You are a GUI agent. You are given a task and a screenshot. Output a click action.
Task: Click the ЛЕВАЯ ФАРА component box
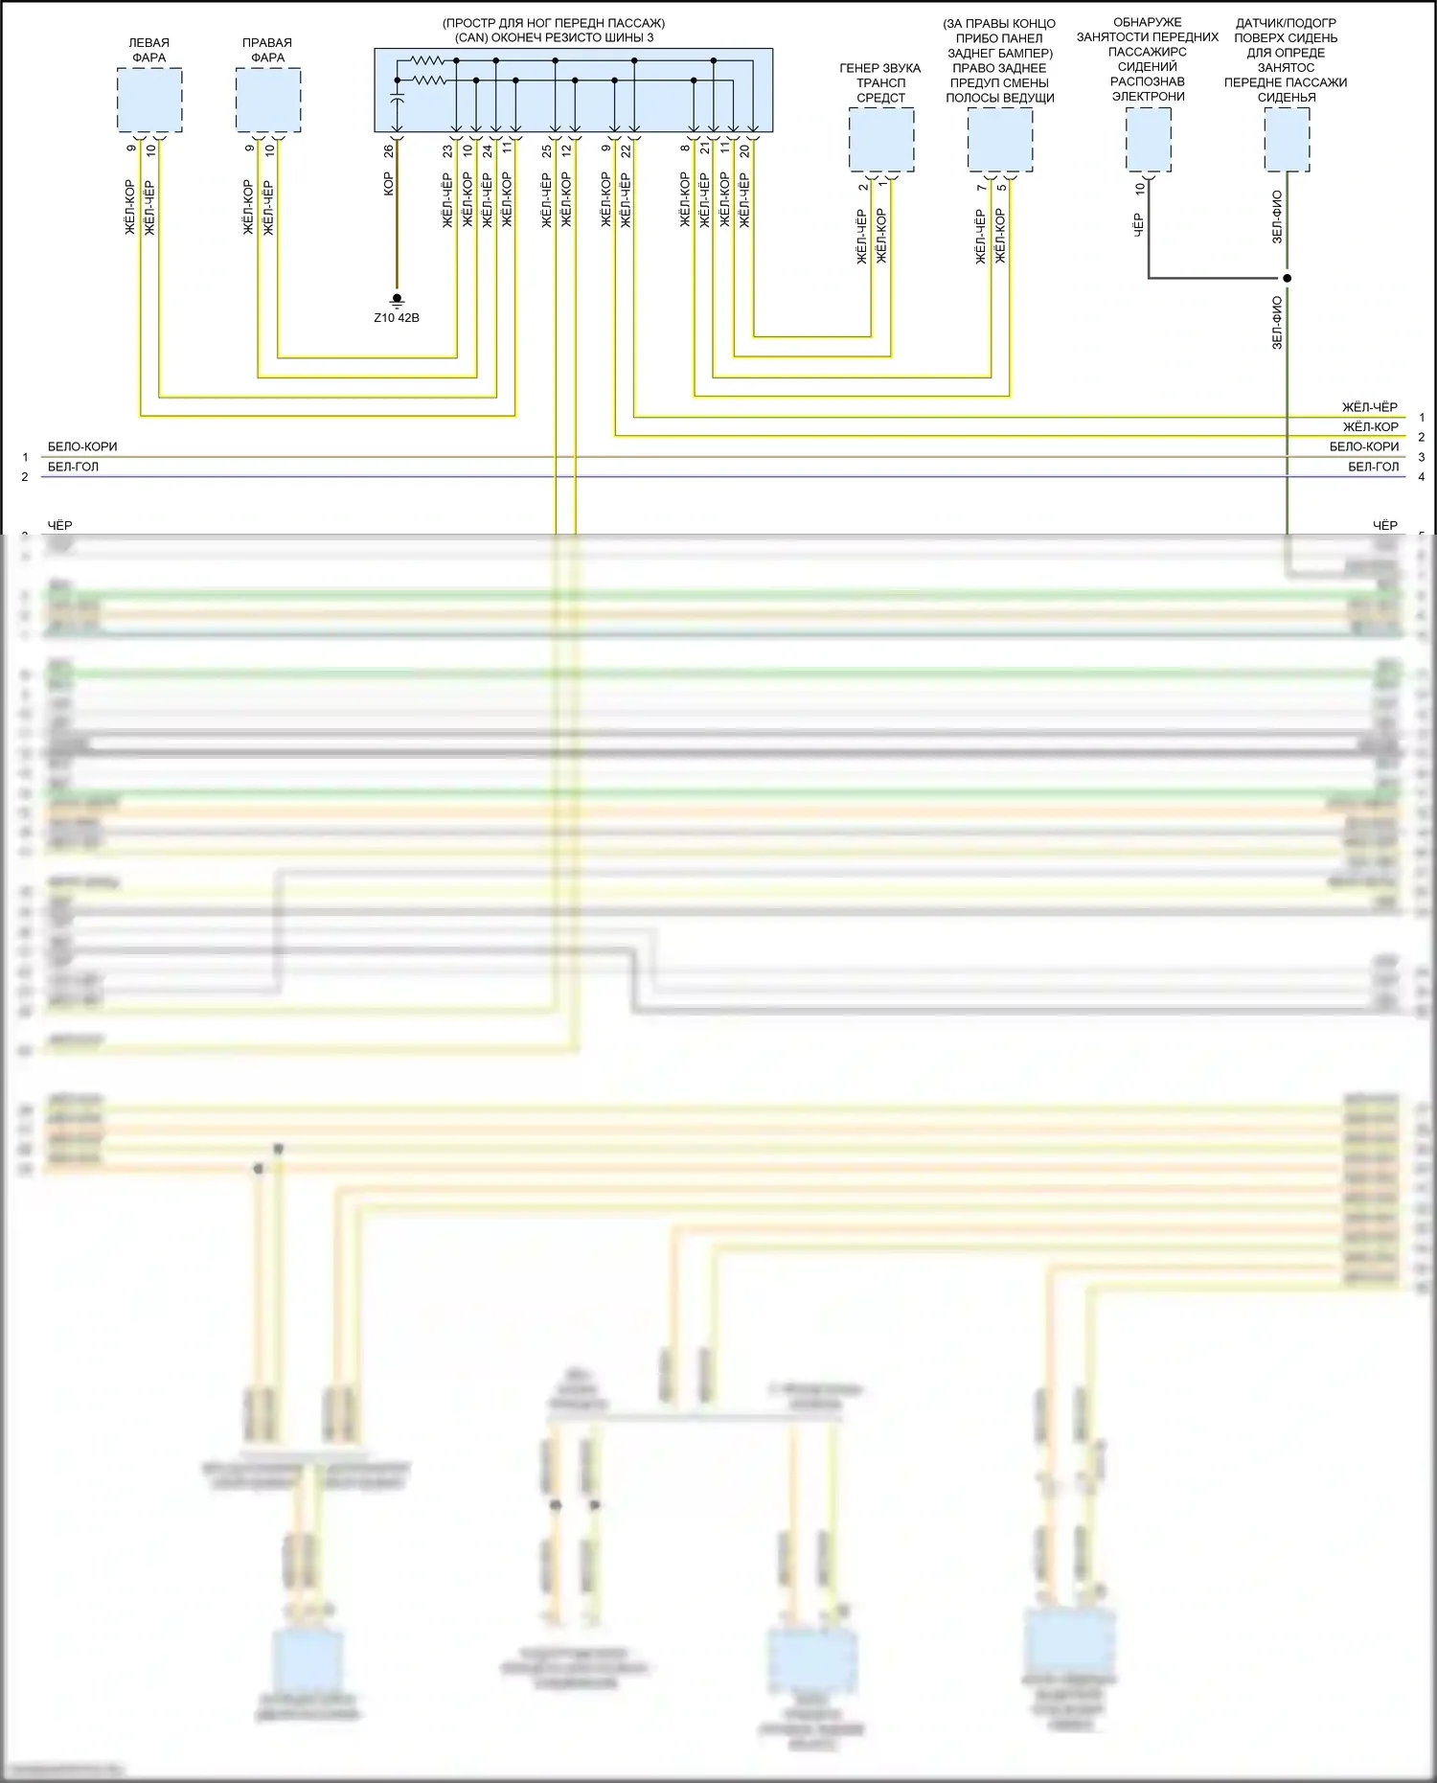point(149,101)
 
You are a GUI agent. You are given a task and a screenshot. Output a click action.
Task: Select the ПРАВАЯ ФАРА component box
point(268,101)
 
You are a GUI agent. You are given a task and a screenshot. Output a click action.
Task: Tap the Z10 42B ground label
point(397,318)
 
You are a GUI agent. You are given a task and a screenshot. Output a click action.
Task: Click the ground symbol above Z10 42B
point(397,300)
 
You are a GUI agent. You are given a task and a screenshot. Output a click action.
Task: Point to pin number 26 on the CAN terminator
point(388,151)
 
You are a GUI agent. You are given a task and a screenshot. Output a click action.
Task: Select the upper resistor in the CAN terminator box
point(427,60)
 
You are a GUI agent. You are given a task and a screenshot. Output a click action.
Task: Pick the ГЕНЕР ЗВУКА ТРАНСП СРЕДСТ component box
point(881,140)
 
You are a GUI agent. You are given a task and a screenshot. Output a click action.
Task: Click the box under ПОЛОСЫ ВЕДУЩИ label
point(1000,140)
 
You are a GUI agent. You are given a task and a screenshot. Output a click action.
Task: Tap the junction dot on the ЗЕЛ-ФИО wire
point(1287,278)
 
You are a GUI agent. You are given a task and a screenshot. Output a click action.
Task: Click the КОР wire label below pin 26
point(388,184)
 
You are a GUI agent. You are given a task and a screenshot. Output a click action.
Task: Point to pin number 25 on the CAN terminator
point(546,151)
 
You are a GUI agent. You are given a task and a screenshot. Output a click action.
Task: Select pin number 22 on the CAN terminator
point(626,151)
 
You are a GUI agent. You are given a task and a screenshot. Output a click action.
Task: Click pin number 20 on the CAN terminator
point(744,151)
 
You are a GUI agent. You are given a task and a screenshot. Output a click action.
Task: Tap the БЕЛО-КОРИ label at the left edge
point(82,446)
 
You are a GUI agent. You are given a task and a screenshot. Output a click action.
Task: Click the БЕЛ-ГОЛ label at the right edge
point(1373,467)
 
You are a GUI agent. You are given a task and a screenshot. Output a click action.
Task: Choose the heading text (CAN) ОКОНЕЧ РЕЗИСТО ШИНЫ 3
point(554,37)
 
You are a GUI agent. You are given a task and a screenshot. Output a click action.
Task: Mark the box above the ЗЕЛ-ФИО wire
point(1287,140)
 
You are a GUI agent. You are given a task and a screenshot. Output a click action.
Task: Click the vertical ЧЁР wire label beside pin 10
point(1138,225)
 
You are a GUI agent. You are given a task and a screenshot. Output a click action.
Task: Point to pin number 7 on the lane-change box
point(981,187)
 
